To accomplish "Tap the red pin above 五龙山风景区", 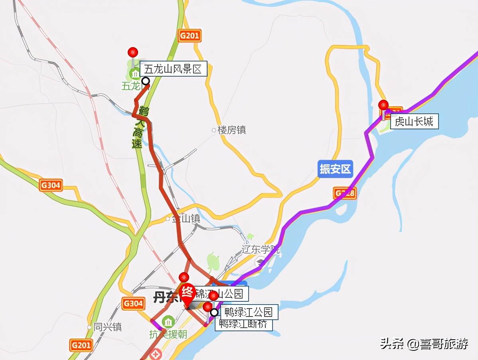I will pos(133,52).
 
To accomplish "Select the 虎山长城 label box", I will pos(414,121).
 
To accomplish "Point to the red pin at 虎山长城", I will pos(383,105).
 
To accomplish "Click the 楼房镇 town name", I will pos(232,130).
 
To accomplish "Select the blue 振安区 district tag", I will pos(336,169).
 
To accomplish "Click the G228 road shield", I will pos(344,194).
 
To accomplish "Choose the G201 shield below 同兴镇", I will pos(81,344).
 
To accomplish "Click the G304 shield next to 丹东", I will pos(133,303).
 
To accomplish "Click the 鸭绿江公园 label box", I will pos(249,312).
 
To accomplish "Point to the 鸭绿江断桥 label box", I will pos(243,324).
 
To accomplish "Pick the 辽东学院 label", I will pos(261,250).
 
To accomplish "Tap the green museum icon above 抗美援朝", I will pos(168,321).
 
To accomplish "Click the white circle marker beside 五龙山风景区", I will pos(146,81).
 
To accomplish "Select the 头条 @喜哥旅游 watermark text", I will pos(424,343).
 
